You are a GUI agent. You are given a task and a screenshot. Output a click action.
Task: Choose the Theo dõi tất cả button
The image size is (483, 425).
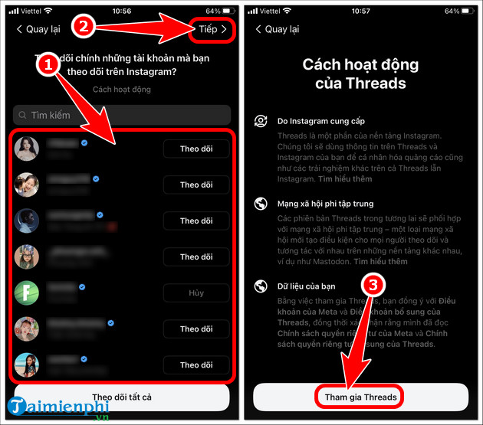coord(121,397)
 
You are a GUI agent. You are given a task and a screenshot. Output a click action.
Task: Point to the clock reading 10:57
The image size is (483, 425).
coord(362,11)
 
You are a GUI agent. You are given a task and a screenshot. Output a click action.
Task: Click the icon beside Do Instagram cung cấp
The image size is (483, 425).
coord(261,121)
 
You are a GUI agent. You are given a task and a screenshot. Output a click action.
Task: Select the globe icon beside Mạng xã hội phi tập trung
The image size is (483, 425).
coord(261,204)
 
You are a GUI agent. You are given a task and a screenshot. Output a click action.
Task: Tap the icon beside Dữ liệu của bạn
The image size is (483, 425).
coord(261,286)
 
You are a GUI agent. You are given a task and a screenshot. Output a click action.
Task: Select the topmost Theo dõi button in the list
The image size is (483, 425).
coord(195,149)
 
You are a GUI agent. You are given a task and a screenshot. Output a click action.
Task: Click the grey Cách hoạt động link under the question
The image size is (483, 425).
coord(121,90)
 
